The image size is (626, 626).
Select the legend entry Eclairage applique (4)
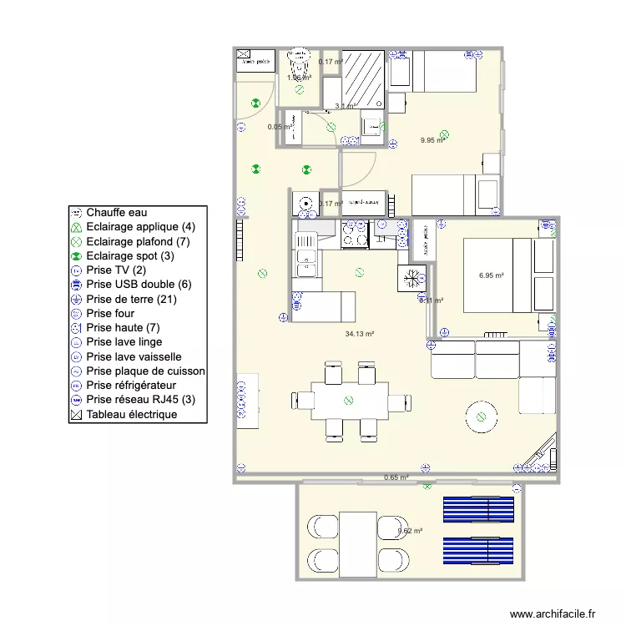[x=141, y=227]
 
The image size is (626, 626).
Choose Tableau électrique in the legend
[x=131, y=414]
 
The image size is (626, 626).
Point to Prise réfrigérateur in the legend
[x=130, y=386]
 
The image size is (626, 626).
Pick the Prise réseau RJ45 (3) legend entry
[x=141, y=400]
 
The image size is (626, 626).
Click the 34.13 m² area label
[x=359, y=334]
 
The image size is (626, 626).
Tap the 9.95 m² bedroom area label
[x=433, y=140]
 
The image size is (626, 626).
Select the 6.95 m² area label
[x=492, y=275]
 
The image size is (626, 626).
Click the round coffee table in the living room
[x=481, y=416]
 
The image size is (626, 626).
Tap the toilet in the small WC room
[x=297, y=63]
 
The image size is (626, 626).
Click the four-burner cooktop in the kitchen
[x=354, y=235]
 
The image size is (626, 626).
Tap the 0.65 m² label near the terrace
[x=396, y=478]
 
